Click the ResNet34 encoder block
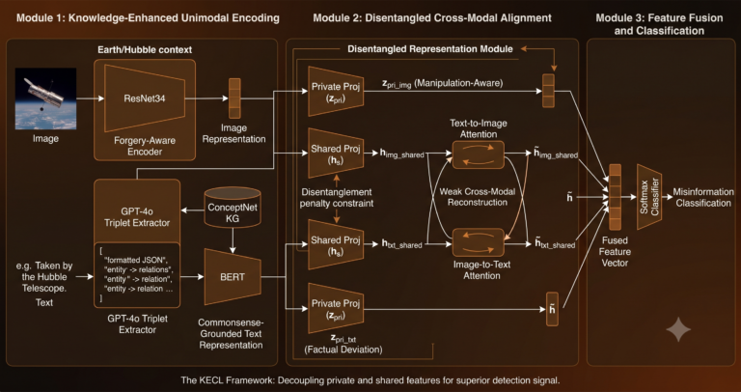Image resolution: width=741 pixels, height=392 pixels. (145, 98)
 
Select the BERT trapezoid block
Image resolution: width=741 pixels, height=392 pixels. (233, 277)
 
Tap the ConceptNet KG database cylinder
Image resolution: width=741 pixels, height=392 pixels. (232, 208)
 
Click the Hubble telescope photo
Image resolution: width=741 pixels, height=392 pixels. (45, 98)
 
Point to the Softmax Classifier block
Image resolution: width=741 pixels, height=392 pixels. (648, 197)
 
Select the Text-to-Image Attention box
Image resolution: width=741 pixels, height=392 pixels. (479, 154)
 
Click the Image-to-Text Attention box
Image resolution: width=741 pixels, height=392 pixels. (479, 242)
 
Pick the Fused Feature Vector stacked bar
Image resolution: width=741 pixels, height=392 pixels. (615, 197)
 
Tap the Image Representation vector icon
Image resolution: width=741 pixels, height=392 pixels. (234, 98)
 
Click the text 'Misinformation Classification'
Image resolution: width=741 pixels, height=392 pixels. (703, 198)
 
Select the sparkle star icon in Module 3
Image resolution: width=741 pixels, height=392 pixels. (678, 328)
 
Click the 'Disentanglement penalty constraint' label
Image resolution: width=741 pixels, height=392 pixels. (338, 198)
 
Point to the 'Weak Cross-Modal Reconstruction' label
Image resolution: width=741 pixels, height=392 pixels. (477, 197)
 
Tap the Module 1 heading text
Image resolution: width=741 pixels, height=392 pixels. (148, 18)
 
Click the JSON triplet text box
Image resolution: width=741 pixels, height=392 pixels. (137, 274)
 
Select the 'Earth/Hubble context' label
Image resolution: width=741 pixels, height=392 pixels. (145, 49)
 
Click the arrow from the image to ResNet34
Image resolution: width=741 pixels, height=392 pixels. (91, 98)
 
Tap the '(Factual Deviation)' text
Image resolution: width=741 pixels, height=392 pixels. (343, 350)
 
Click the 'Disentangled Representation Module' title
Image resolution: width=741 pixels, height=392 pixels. (430, 48)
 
